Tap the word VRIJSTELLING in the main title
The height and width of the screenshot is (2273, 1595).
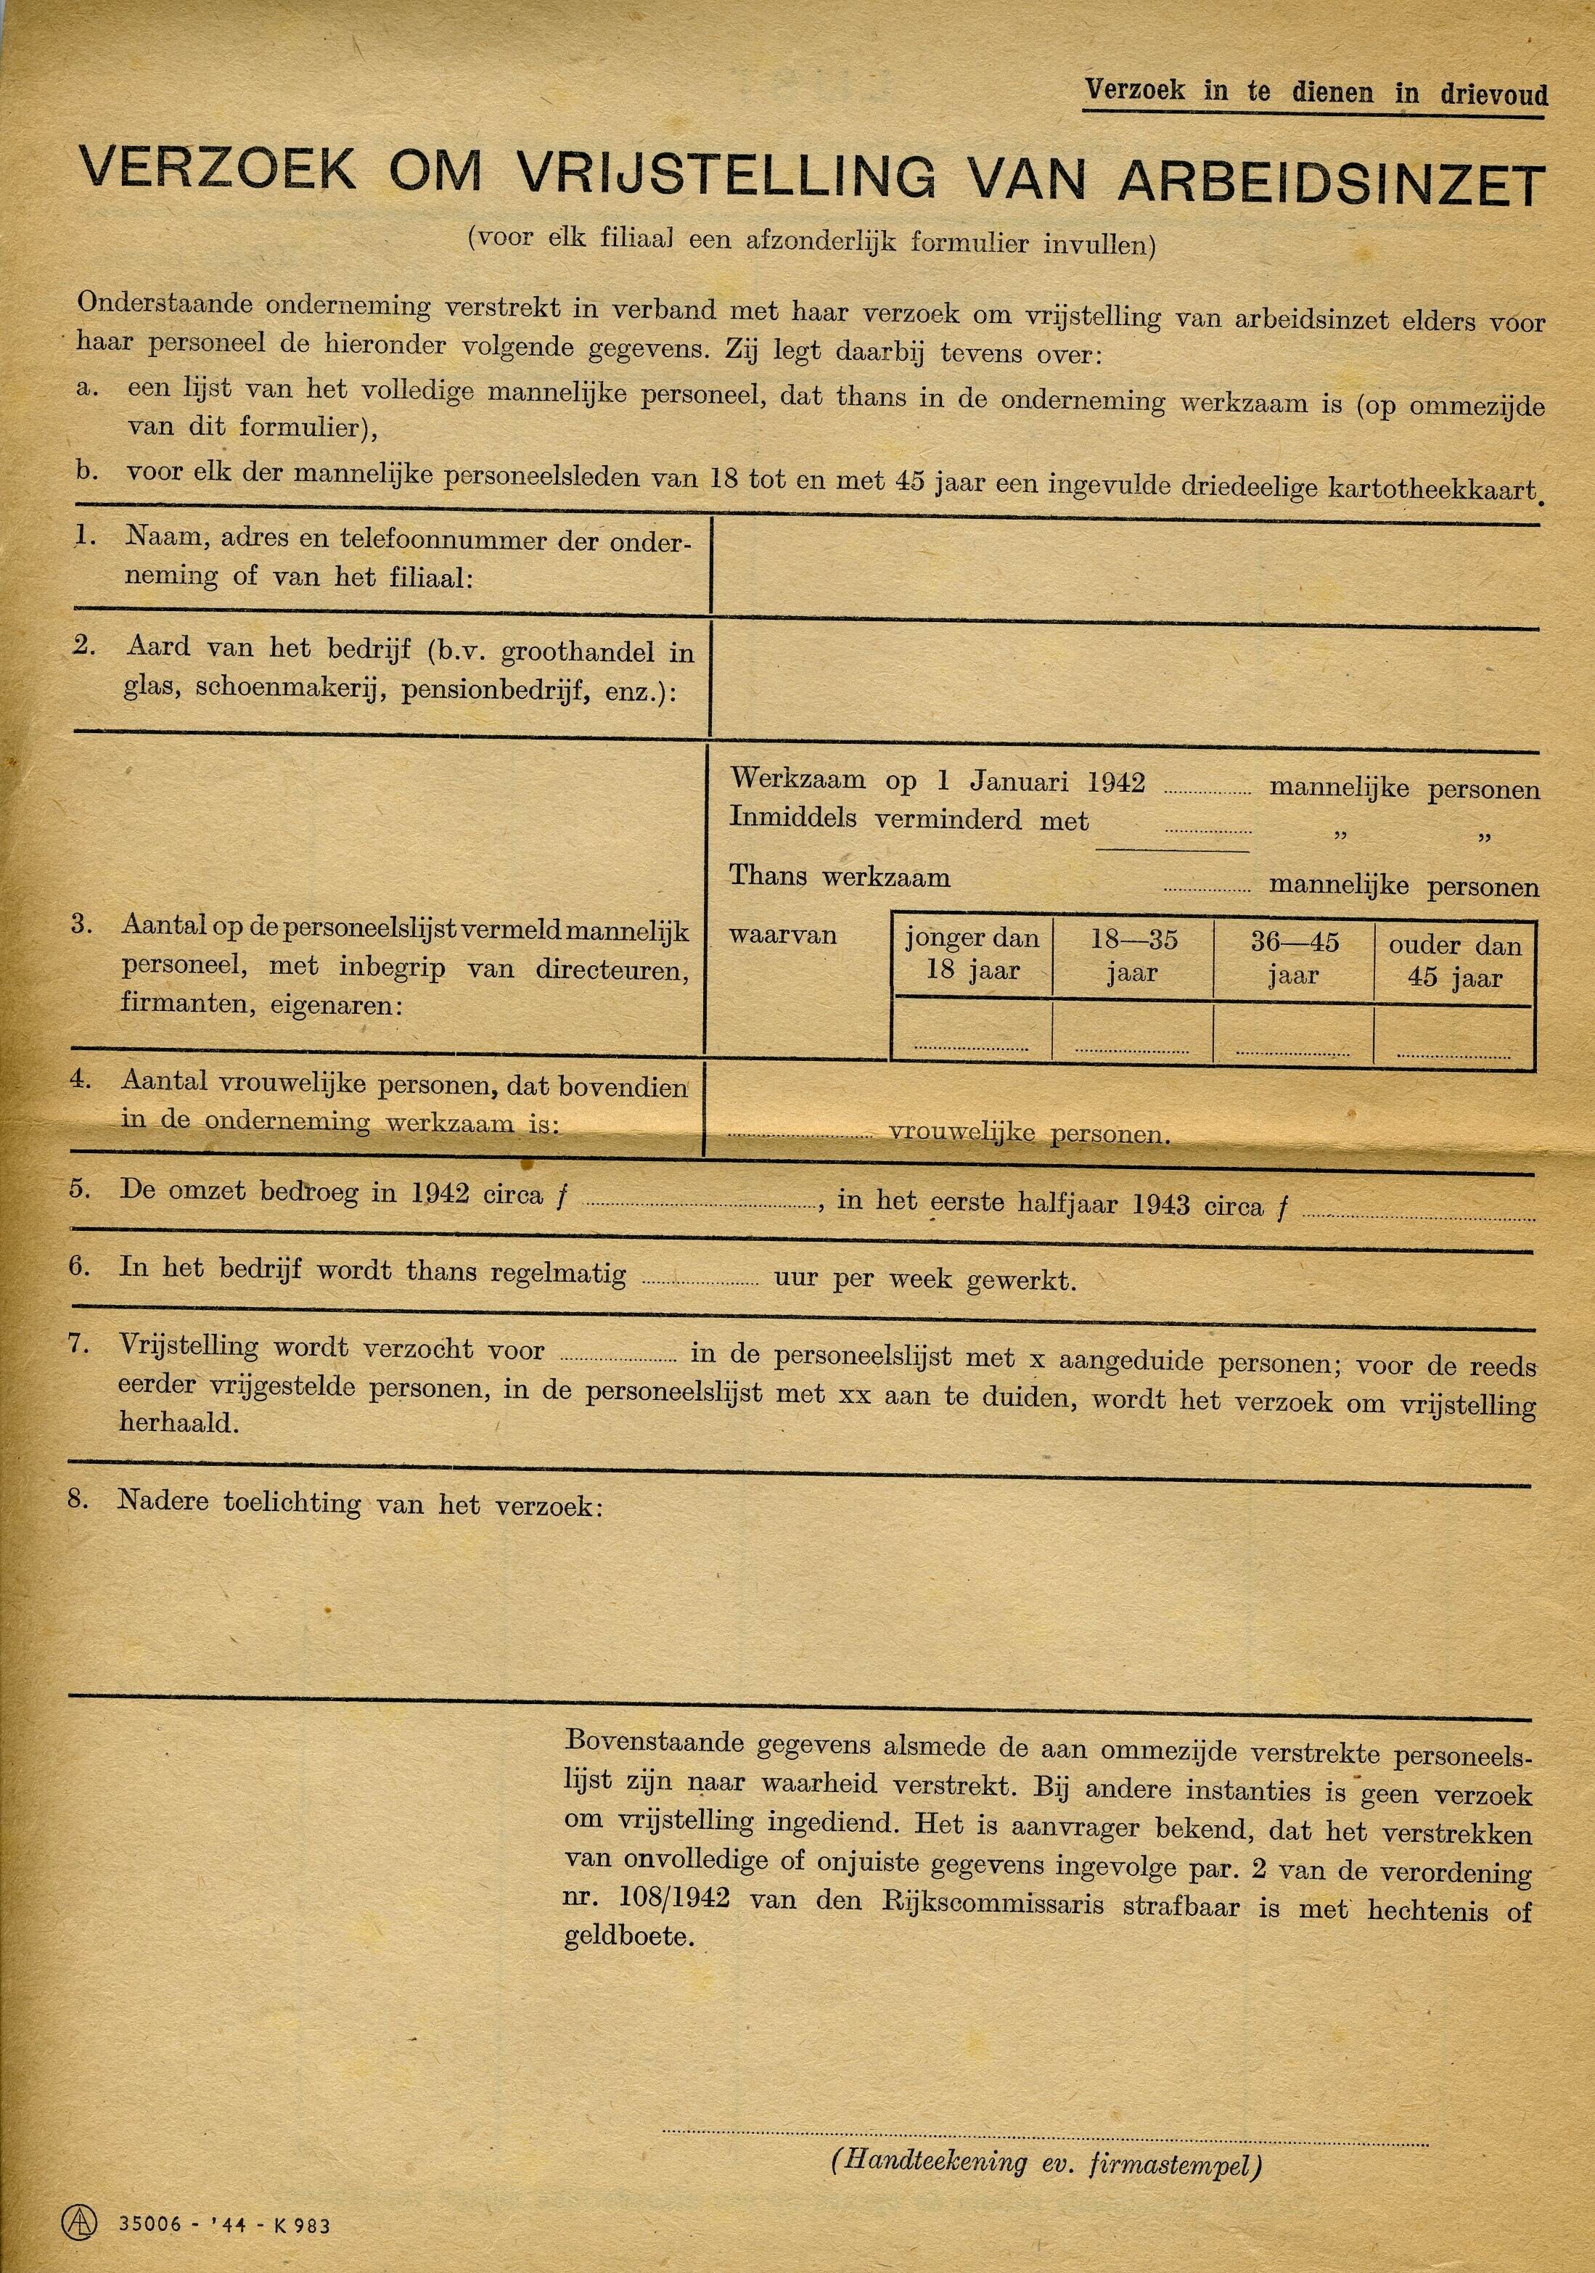coord(726,175)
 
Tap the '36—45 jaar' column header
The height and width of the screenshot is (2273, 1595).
coord(1294,957)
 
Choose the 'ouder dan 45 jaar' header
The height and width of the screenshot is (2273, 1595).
coord(1454,960)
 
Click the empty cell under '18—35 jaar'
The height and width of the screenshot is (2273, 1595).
coord(1133,1033)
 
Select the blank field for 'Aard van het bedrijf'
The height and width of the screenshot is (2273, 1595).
coord(1124,679)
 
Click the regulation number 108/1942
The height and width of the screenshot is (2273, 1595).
coord(658,1898)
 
